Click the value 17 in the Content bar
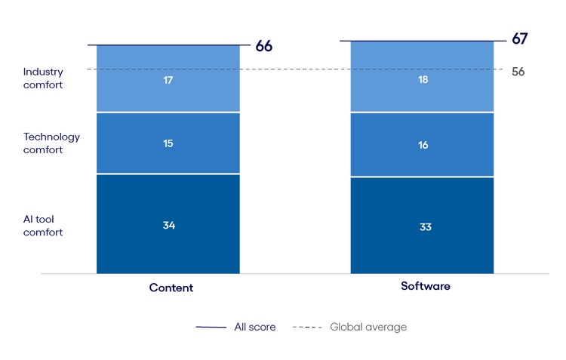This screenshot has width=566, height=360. (168, 78)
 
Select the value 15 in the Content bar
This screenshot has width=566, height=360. (168, 143)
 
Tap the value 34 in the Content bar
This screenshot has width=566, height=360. (168, 225)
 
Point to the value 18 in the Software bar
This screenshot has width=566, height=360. (423, 78)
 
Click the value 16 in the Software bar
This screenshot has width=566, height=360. (423, 144)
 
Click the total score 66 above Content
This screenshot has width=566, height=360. (263, 46)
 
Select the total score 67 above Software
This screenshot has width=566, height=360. (519, 39)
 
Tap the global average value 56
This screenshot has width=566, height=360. (518, 72)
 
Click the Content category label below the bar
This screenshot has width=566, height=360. (171, 288)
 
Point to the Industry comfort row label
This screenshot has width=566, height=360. (43, 78)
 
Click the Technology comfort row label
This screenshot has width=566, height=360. (51, 143)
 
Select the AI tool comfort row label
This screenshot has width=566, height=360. (43, 225)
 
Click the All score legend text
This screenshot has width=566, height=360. (255, 327)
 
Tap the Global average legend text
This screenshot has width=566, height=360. (368, 327)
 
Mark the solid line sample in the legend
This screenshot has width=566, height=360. (211, 328)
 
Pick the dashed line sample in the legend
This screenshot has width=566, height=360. (307, 328)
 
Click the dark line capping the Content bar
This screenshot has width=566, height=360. (168, 45)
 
